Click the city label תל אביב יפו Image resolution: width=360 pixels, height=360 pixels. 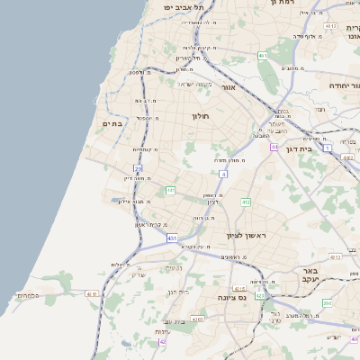click(x=180, y=6)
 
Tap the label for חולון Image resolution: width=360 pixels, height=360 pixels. click(x=200, y=116)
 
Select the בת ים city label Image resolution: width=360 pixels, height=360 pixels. click(x=112, y=123)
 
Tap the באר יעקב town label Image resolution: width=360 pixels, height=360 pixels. click(x=311, y=275)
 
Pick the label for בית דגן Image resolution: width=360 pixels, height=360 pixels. click(x=298, y=149)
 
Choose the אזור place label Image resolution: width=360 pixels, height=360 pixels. click(x=228, y=88)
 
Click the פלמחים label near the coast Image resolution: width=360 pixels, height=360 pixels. click(x=27, y=294)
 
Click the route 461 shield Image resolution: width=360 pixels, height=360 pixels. click(x=263, y=56)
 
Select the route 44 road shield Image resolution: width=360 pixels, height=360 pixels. click(x=274, y=145)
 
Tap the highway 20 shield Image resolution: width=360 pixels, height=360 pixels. click(x=138, y=168)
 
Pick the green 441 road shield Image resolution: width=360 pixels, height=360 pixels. click(x=170, y=190)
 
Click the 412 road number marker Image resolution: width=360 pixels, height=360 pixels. click(x=245, y=202)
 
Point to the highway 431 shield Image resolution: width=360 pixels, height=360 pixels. click(x=171, y=237)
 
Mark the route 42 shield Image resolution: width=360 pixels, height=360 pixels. click(x=163, y=342)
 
